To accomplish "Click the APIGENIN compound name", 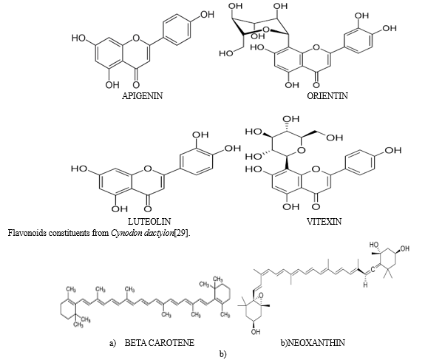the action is click(143, 96).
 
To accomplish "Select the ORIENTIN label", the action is click(327, 96).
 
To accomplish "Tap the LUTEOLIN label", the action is click(149, 221).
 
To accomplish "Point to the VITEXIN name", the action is click(324, 221).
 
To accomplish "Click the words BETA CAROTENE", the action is click(159, 343).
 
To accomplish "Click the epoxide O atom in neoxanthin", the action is click(260, 295).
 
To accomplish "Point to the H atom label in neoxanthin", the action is click(365, 285).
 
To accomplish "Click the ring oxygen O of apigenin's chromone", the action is click(136, 38).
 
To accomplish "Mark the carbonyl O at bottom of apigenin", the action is click(136, 84).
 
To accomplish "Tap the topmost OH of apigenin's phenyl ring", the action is click(207, 14).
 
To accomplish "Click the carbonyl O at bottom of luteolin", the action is click(148, 209).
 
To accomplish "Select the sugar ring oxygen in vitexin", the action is click(302, 150).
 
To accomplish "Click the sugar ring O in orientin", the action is click(266, 30).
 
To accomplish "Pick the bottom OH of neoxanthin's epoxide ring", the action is click(256, 331).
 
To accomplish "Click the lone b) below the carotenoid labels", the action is click(222, 354).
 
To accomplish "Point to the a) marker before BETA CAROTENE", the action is click(113, 343).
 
